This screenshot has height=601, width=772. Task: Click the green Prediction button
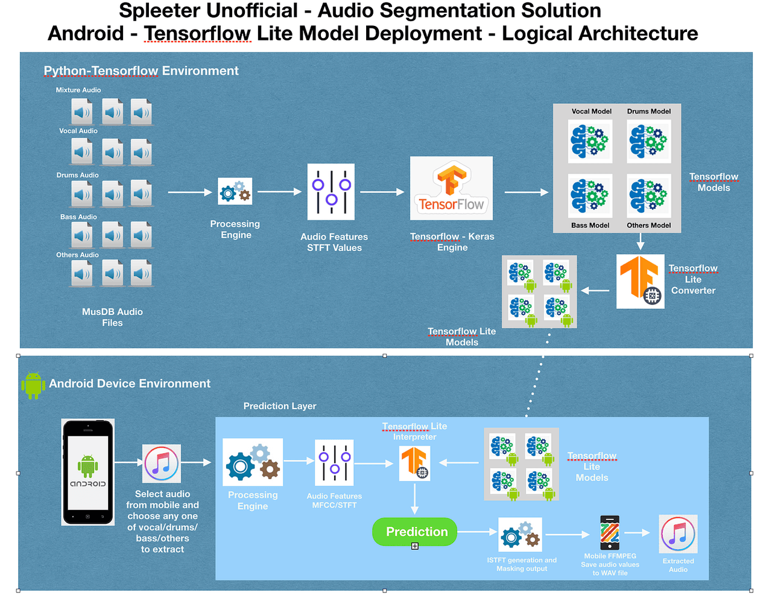[x=414, y=532]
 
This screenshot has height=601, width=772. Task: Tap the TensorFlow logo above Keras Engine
[x=451, y=188]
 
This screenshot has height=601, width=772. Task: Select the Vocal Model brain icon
[x=590, y=141]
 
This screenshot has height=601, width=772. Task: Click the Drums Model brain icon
[x=649, y=141]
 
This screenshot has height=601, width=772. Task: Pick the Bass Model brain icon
[x=590, y=196]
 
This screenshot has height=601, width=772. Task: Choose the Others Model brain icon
[x=649, y=196]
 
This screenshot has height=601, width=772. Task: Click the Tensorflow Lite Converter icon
[x=640, y=281]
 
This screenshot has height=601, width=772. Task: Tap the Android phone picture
[x=87, y=472]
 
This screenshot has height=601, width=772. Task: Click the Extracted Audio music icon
[x=678, y=534]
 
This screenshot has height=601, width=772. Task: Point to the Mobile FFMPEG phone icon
[x=610, y=532]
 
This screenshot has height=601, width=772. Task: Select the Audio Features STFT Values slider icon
[x=331, y=191]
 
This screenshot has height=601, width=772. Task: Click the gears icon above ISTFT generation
[x=520, y=534]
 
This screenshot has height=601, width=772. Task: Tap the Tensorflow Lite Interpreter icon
[x=414, y=463]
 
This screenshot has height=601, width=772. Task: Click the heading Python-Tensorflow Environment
[x=141, y=71]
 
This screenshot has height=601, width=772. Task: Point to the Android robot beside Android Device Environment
[x=33, y=386]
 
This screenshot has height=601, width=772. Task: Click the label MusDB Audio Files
[x=112, y=317]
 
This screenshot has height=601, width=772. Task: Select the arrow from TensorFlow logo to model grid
[x=527, y=192]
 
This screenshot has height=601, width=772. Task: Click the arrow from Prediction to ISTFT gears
[x=477, y=532]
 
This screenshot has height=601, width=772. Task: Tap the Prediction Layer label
[x=280, y=406]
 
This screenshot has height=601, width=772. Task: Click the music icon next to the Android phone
[x=161, y=463]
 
